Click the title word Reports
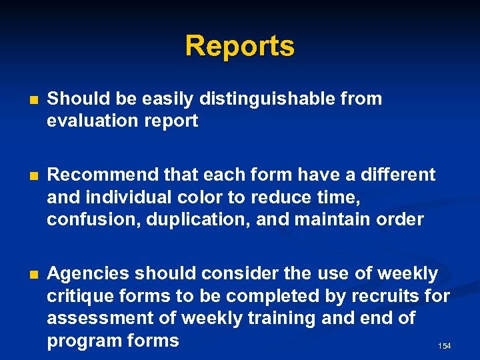click(x=239, y=47)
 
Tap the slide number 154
click(x=445, y=346)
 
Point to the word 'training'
click(x=283, y=319)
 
